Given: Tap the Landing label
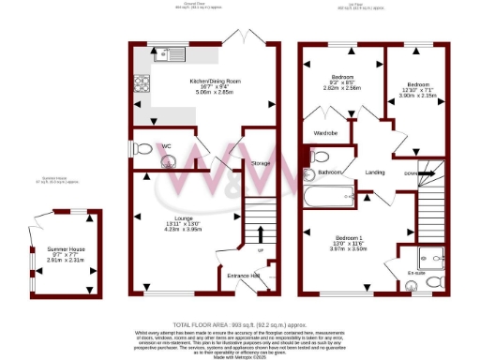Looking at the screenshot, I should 375,172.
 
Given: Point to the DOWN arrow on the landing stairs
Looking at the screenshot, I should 412,172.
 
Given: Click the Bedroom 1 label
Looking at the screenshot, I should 348,238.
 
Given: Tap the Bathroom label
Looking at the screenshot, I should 330,172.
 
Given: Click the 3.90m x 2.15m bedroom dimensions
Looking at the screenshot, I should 417,96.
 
